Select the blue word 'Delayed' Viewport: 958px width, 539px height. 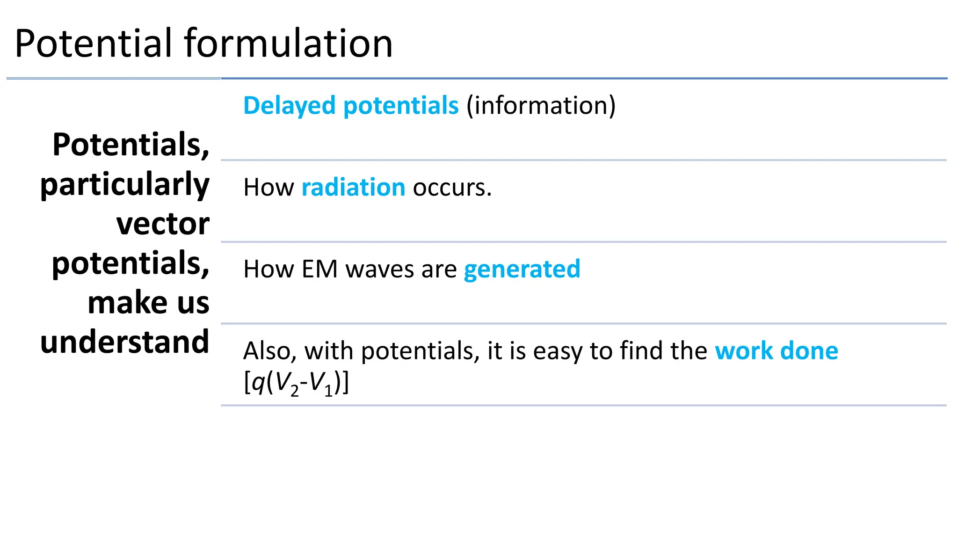click(289, 106)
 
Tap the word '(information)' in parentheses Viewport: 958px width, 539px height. click(541, 106)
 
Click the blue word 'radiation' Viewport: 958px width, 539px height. click(353, 188)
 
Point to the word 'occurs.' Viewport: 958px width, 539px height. click(452, 188)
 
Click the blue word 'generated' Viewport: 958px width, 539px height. click(522, 269)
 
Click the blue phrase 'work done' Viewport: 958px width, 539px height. click(776, 351)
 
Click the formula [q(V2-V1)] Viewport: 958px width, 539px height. click(296, 384)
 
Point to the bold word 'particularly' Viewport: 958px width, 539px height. click(125, 185)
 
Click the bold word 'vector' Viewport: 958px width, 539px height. click(162, 224)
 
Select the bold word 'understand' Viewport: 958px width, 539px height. click(125, 342)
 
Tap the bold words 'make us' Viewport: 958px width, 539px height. click(148, 303)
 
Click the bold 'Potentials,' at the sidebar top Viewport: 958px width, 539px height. click(131, 145)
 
